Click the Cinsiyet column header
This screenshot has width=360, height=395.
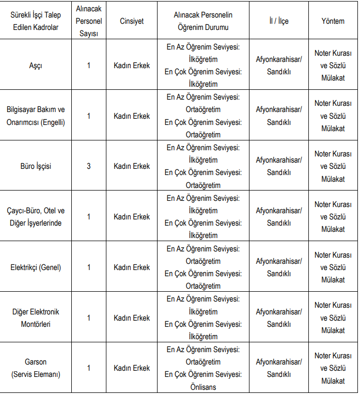coord(132,21)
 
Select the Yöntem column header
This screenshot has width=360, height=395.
coord(333,21)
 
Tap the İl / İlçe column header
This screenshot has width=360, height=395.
coord(279,21)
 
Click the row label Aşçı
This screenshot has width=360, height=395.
coord(36,66)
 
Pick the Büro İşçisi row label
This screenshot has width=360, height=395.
coord(36,166)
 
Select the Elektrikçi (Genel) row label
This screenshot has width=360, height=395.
coord(36,267)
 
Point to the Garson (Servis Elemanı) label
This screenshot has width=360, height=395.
coord(36,368)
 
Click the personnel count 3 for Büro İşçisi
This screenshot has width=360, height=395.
coord(88,166)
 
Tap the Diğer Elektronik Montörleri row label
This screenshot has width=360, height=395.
coord(36,318)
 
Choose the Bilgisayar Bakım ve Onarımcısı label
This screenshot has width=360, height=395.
coord(36,116)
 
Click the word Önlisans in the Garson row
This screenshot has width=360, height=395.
coord(203,387)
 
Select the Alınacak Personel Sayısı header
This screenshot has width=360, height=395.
coord(88,21)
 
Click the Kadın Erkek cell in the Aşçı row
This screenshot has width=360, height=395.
coord(132,66)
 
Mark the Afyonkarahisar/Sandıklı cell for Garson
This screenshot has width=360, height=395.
coord(279,368)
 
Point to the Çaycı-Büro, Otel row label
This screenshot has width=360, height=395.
coord(36,217)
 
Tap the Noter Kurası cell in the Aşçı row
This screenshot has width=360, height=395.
coord(333,66)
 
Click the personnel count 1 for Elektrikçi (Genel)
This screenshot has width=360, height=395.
coord(88,267)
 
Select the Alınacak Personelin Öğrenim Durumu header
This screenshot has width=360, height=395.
coord(203,21)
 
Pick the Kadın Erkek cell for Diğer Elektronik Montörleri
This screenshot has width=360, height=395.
coord(132,318)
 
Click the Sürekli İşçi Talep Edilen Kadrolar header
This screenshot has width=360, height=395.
coord(36,21)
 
